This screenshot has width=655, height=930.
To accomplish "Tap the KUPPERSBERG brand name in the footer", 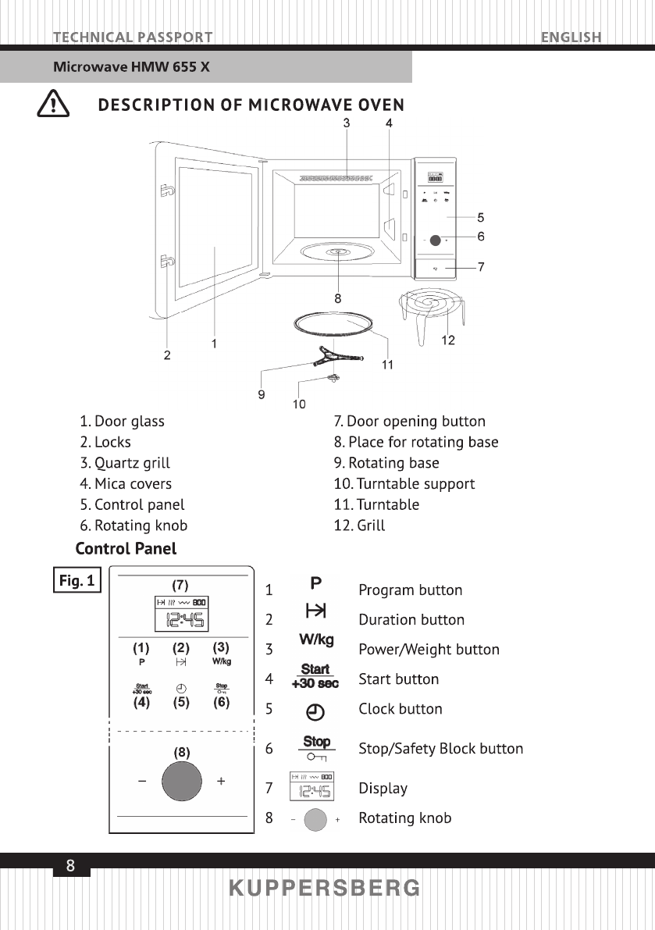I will pos(325,889).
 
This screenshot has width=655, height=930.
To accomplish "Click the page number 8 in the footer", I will pos(71,865).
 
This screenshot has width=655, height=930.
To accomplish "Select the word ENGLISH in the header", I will pos(571,37).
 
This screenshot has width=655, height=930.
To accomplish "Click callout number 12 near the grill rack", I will pos(447,340).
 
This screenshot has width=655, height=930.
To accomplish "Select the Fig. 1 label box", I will pos(77,581).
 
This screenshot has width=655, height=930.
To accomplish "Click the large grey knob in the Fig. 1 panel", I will pos(181,781).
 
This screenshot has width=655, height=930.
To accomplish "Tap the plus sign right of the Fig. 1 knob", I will pos(222,781).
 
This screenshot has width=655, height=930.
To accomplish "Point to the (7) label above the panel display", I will pos(180,584).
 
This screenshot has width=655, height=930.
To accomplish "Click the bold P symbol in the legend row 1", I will pos(316,583).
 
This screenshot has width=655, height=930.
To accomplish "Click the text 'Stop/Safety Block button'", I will pos(440,749).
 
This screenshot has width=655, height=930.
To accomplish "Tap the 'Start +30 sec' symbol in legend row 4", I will pos(315,676).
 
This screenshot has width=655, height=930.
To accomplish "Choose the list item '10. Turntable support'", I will pos(404,484).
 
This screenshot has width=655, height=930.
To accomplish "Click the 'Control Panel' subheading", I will pos(126,548).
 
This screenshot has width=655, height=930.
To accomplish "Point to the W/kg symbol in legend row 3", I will pos(316,640).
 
